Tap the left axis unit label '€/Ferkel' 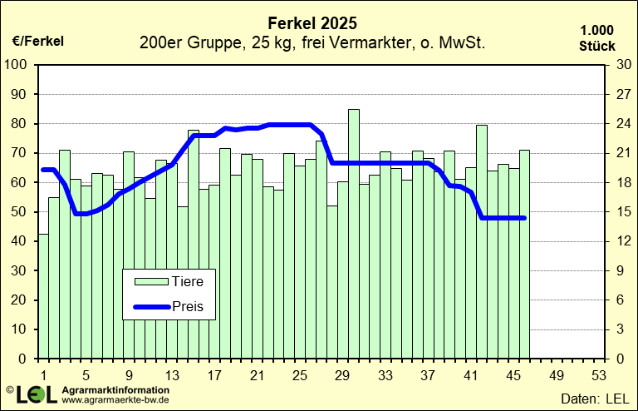point(37,40)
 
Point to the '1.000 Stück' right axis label point(596,38)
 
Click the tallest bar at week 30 point(354,233)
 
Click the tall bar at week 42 point(481,241)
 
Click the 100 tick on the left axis point(17,65)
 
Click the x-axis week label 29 point(342,375)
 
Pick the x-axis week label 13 point(171,375)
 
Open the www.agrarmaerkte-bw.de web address point(116,400)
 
